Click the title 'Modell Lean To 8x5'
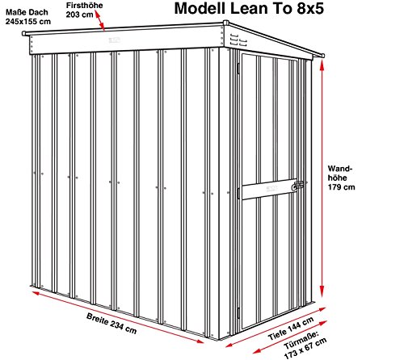pos(249,8)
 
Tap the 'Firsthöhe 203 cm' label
pos(84,10)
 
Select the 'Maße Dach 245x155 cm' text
pos(28,17)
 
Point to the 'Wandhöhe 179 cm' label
pos(341,178)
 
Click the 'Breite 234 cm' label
pos(112,324)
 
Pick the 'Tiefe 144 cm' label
pos(291,329)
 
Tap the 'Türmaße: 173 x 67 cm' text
pos(305,345)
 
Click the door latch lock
pos(298,186)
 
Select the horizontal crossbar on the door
pos(269,189)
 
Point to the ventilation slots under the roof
pos(238,40)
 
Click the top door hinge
pos(238,68)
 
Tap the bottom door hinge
pos(238,313)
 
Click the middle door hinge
pos(238,194)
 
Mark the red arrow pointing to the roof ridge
pos(99,21)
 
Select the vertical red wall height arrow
pos(322,178)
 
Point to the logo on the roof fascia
pos(115,40)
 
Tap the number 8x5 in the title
pos(310,8)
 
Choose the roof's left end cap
pos(24,33)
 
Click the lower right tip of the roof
pos(323,56)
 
